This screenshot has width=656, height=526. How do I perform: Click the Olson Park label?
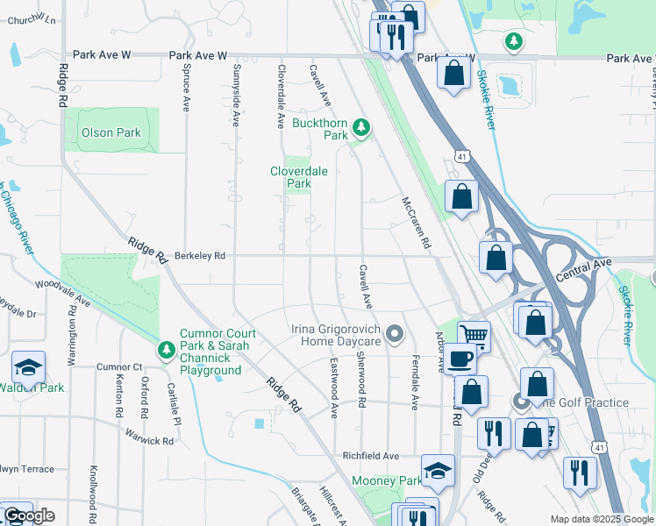(x=111, y=133)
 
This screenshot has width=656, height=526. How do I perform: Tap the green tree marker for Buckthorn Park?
(x=360, y=130)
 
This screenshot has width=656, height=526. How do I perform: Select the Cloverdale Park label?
(x=299, y=178)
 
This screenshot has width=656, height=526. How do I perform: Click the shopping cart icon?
(x=474, y=334)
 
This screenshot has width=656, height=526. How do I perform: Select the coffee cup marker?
(x=459, y=358)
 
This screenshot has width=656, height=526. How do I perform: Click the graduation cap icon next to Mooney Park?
(x=438, y=471)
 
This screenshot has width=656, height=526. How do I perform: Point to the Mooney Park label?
(x=387, y=481)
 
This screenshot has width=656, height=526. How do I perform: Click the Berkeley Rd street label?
(x=201, y=256)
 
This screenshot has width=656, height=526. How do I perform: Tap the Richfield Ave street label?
(x=370, y=456)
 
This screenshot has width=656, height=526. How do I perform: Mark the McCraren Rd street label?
(x=417, y=220)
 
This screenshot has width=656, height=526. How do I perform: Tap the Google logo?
(x=28, y=515)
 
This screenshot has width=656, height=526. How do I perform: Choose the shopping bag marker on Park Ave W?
(x=453, y=73)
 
